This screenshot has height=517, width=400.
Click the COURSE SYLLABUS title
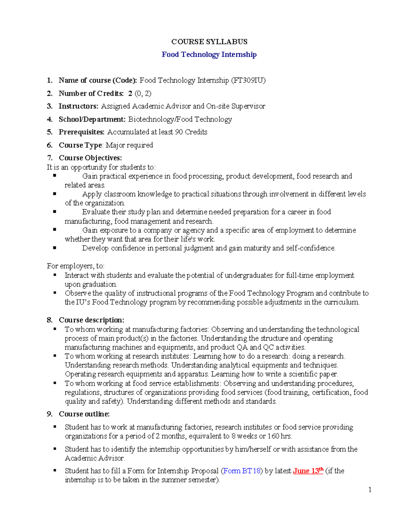point(209,42)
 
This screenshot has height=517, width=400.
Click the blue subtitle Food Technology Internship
point(209,55)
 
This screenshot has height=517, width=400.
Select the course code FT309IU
point(248,81)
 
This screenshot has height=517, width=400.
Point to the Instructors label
point(78,106)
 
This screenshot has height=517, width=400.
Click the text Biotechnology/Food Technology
point(180,119)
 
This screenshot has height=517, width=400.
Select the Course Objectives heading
point(90,158)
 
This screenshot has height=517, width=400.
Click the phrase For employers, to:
point(76,266)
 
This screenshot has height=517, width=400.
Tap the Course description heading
point(91,320)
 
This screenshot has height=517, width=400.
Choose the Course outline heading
point(84,414)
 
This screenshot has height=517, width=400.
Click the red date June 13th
point(308,471)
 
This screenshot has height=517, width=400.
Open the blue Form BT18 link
point(242,471)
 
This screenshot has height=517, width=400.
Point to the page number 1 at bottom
point(370,490)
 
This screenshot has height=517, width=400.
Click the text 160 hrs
point(279,436)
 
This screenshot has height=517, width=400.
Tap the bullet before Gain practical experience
point(55,175)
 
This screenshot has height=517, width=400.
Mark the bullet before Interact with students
point(55,275)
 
